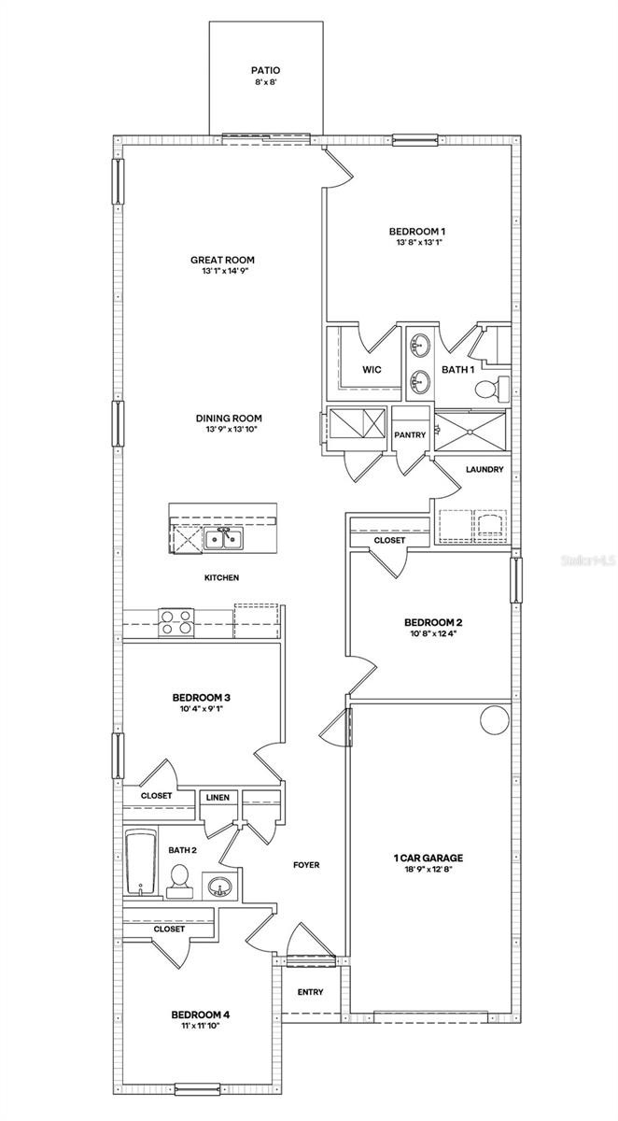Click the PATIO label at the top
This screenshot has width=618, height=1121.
(x=265, y=70)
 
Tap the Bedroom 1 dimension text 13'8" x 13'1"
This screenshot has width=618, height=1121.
(x=416, y=244)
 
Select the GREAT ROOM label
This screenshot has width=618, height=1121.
(x=222, y=261)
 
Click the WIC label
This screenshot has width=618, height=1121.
(x=372, y=370)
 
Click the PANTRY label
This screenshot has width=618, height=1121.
(x=410, y=435)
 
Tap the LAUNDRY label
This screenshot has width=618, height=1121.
(x=485, y=470)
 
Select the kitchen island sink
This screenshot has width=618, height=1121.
(x=224, y=539)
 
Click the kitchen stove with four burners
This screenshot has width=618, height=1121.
(x=176, y=621)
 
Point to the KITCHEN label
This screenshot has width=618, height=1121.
(x=221, y=578)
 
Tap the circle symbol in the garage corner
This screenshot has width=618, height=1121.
(x=492, y=720)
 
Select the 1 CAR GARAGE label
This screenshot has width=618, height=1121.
(x=429, y=858)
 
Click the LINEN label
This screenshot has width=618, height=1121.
(x=218, y=797)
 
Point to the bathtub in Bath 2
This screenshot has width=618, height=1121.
(x=138, y=859)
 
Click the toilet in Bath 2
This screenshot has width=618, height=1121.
(x=179, y=879)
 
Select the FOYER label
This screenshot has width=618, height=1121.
(x=306, y=865)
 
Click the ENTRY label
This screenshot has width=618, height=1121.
(x=310, y=992)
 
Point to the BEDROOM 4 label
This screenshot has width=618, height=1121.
(x=201, y=1015)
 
